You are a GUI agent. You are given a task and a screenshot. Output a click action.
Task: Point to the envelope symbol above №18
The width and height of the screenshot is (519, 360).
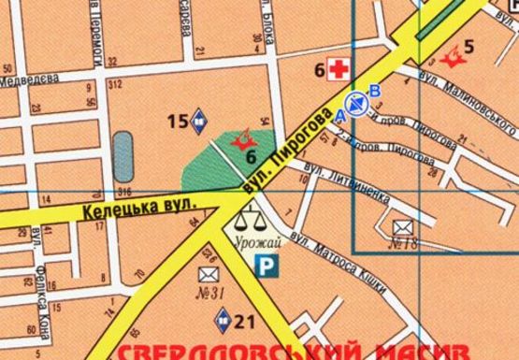click(x=403, y=225)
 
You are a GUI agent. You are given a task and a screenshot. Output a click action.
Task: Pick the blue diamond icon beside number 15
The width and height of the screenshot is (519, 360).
click(x=200, y=120)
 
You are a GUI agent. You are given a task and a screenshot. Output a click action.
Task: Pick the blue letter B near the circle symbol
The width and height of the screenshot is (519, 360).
click(x=375, y=91)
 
